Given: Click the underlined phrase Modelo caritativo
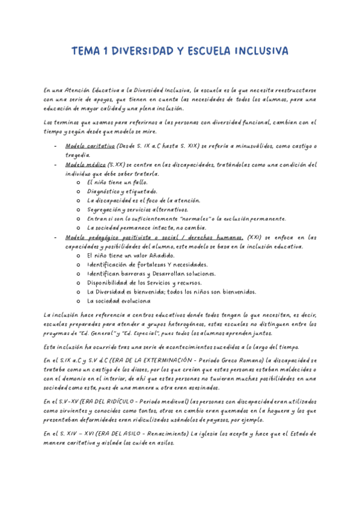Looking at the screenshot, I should [x=90, y=146].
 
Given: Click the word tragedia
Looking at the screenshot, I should [x=79, y=155].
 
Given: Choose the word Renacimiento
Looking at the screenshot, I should [x=158, y=433].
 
